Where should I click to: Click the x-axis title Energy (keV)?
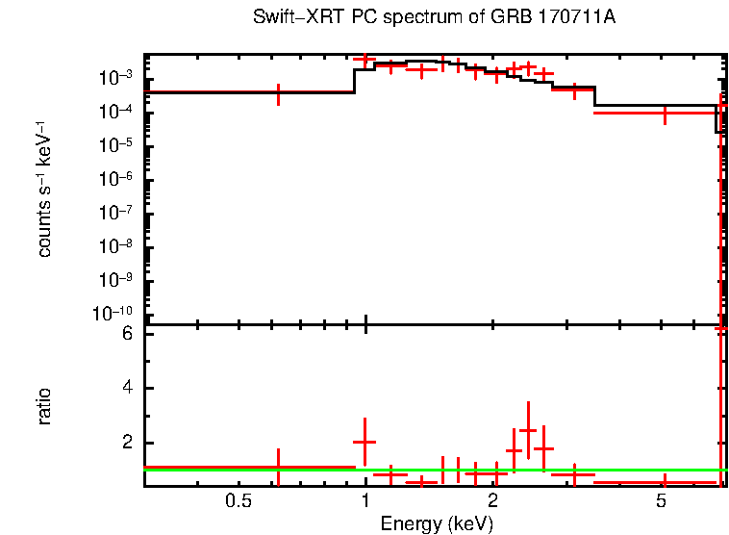point(438,523)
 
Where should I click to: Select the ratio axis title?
point(44,406)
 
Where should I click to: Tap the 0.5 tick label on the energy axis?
point(239,502)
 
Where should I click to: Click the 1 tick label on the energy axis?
point(365,502)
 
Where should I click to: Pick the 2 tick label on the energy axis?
point(492,502)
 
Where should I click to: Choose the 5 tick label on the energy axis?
point(662,502)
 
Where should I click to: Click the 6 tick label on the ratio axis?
point(125,334)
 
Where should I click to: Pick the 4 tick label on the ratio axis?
point(125,389)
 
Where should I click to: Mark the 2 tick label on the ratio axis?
point(125,444)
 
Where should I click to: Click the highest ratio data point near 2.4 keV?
point(527,430)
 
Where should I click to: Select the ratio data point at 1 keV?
point(364,442)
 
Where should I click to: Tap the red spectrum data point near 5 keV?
point(664,113)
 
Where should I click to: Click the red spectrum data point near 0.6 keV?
point(278,92)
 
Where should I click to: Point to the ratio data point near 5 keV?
point(664,481)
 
